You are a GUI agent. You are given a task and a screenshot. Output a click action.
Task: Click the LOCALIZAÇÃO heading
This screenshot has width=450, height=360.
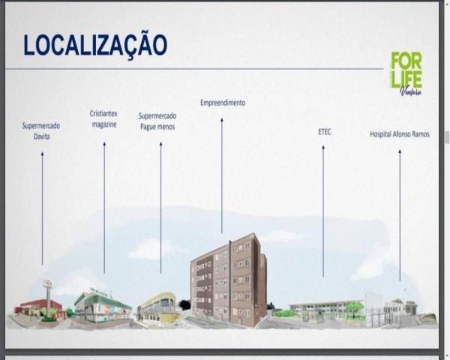(95, 45)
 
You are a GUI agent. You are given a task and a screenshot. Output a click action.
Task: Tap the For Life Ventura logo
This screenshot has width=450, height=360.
(406, 73)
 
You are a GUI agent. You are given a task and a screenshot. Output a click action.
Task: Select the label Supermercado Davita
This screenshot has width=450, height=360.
(41, 131)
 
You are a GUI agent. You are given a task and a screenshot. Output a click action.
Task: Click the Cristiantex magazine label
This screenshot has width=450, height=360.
(103, 118)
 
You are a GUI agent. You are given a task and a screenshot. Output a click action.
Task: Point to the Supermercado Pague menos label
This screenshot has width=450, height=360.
(157, 121)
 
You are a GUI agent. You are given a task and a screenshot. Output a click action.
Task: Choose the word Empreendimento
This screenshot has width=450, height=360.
(223, 103)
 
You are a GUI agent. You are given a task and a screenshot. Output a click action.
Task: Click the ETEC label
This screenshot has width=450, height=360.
(324, 132)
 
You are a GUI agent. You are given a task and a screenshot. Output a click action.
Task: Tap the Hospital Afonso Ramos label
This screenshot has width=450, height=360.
(400, 134)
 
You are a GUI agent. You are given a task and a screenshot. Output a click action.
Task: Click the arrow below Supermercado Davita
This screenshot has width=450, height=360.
(43, 208)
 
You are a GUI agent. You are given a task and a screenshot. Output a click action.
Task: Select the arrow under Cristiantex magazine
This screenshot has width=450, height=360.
(104, 208)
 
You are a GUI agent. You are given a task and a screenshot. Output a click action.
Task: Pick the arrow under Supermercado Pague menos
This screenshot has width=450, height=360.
(160, 208)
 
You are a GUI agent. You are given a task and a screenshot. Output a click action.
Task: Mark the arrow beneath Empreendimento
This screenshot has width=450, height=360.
(222, 175)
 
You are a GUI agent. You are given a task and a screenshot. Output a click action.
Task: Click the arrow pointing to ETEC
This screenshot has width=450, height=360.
(323, 211)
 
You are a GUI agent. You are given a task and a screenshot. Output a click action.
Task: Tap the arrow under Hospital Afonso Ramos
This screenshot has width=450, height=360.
(400, 215)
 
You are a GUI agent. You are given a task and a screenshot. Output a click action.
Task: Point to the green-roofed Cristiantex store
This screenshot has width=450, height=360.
(103, 304)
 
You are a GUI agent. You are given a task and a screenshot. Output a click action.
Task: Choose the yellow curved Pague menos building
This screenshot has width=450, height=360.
(158, 307)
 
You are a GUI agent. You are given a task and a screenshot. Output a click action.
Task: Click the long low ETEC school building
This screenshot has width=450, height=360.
(325, 307)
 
